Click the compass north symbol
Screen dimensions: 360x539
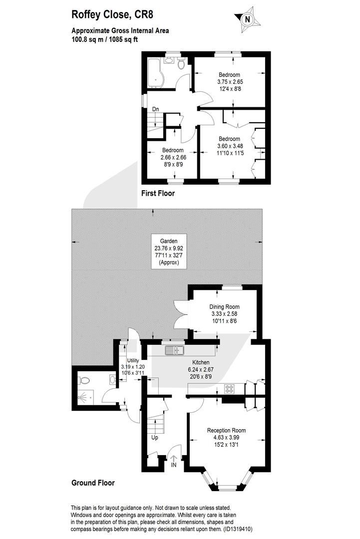pos(247,19)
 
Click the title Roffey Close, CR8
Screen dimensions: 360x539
pos(112,15)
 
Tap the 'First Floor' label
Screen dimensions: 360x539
pos(158,193)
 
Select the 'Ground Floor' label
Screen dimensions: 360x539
pos(93,483)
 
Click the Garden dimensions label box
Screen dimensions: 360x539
pos(169,252)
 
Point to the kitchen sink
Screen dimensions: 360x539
pos(174,351)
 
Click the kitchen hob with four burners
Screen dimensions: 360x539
pos(229,389)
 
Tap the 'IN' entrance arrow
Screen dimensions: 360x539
pos(174,461)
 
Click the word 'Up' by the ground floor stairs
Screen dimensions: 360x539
pos(155,438)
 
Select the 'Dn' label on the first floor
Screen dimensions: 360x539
pos(156,109)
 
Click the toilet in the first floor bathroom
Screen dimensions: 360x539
pos(182,63)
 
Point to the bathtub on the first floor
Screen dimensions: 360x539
pos(156,72)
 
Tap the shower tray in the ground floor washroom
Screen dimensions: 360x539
pos(85,397)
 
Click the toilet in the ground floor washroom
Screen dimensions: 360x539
pos(84,380)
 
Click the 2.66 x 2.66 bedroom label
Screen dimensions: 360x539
pos(173,157)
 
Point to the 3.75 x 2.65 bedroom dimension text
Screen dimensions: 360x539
pos(230,82)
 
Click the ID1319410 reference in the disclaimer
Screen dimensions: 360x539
pos(238,529)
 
